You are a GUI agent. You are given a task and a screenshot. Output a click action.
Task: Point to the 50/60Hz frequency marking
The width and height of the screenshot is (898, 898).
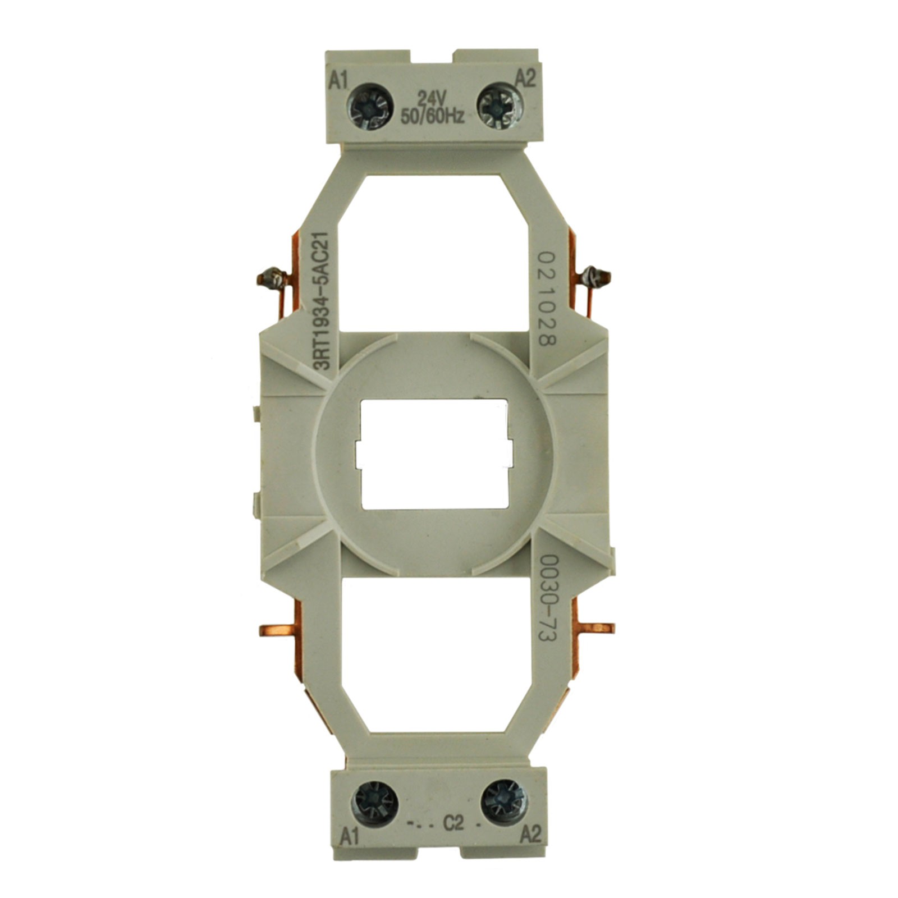[432, 116]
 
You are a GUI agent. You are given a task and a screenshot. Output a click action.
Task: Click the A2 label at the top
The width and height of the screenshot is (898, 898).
[525, 77]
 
